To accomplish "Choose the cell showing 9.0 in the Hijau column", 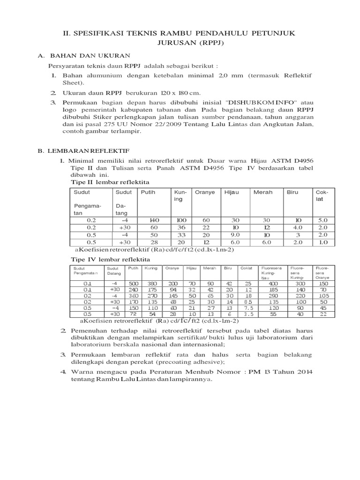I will point(235,235).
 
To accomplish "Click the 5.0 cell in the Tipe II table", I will point(323,219).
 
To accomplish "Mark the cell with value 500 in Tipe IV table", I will point(135,284).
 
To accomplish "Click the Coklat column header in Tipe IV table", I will point(246,268).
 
